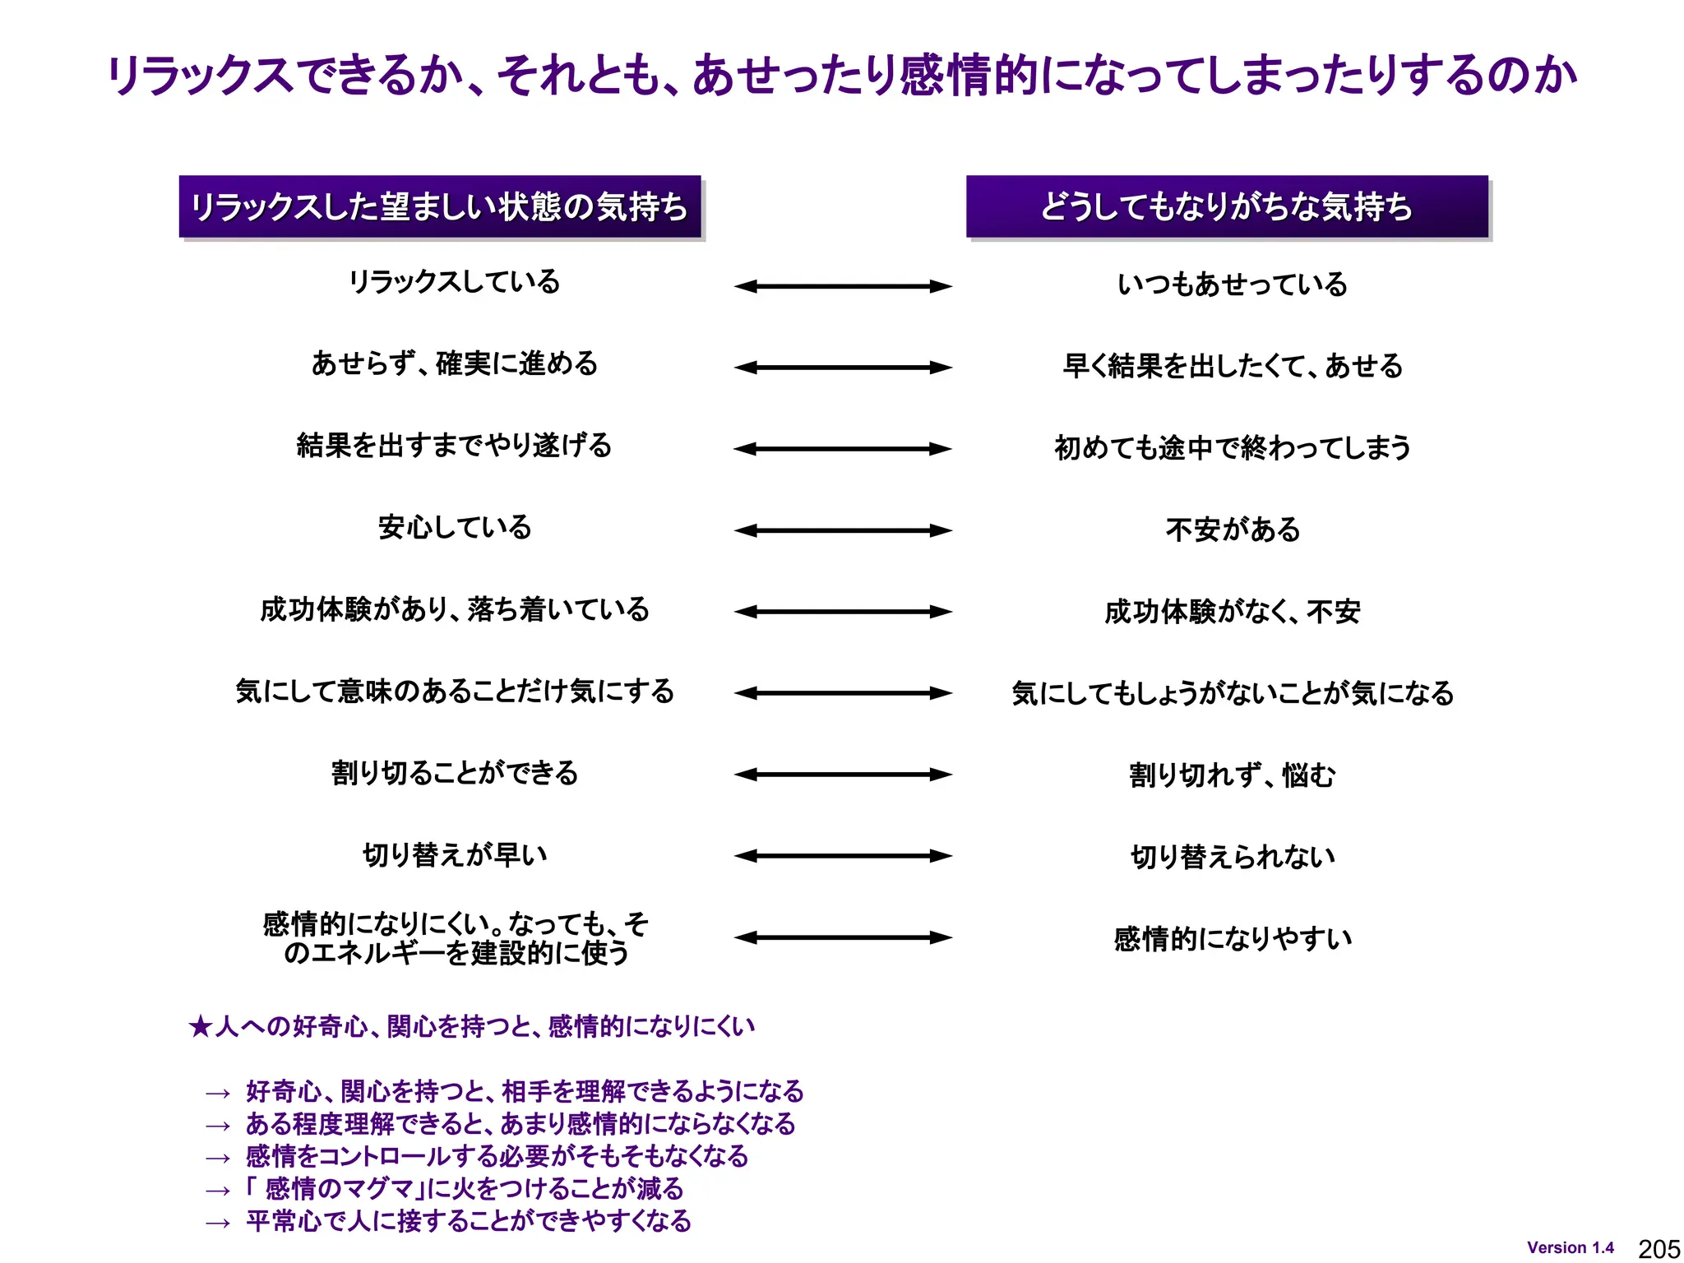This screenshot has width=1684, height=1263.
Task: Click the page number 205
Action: [x=1659, y=1248]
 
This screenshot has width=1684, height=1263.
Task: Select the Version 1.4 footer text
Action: [x=1570, y=1247]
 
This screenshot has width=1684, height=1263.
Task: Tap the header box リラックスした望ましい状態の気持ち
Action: [x=440, y=206]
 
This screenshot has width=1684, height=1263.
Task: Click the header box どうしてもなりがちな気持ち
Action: [x=1227, y=206]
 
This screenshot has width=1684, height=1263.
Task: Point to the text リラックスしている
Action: [x=454, y=282]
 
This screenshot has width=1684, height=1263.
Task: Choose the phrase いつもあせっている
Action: [x=1232, y=285]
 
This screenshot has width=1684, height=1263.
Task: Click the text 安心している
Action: [x=455, y=527]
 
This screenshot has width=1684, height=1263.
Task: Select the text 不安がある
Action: [x=1233, y=530]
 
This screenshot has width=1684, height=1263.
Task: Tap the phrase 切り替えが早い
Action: [x=455, y=855]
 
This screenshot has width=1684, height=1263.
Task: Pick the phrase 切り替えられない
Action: [x=1233, y=857]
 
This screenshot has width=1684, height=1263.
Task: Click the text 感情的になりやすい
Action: [x=1233, y=938]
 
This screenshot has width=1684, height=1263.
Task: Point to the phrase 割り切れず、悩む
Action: [x=1232, y=775]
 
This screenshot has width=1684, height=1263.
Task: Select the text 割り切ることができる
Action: [x=455, y=773]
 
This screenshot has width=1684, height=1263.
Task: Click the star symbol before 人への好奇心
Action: [x=200, y=1026]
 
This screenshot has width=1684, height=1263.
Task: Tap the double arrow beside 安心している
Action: [x=843, y=530]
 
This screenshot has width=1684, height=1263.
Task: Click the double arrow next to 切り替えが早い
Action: [x=843, y=856]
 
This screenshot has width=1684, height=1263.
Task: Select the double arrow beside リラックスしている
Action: [x=843, y=286]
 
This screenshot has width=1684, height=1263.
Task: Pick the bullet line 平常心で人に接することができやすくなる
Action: [x=469, y=1221]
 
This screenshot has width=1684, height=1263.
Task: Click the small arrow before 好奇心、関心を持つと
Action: [x=218, y=1094]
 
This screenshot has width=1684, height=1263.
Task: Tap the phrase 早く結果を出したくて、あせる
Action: [x=1232, y=366]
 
